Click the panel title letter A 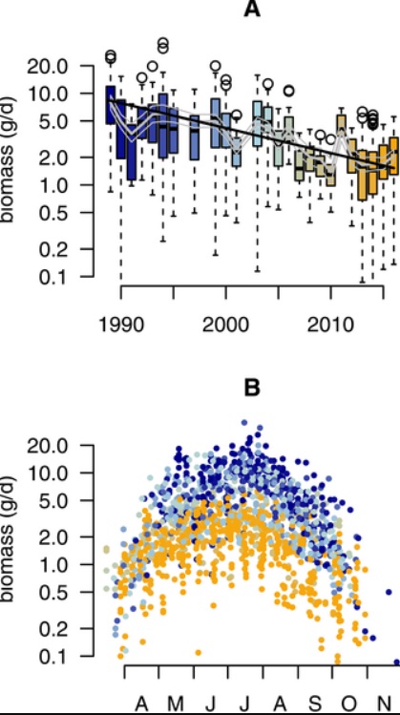[252, 11]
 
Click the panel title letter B [252, 389]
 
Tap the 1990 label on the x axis [121, 321]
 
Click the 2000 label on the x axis [226, 321]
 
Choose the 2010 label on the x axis [331, 321]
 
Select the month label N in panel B [380, 704]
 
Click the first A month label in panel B [142, 704]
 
